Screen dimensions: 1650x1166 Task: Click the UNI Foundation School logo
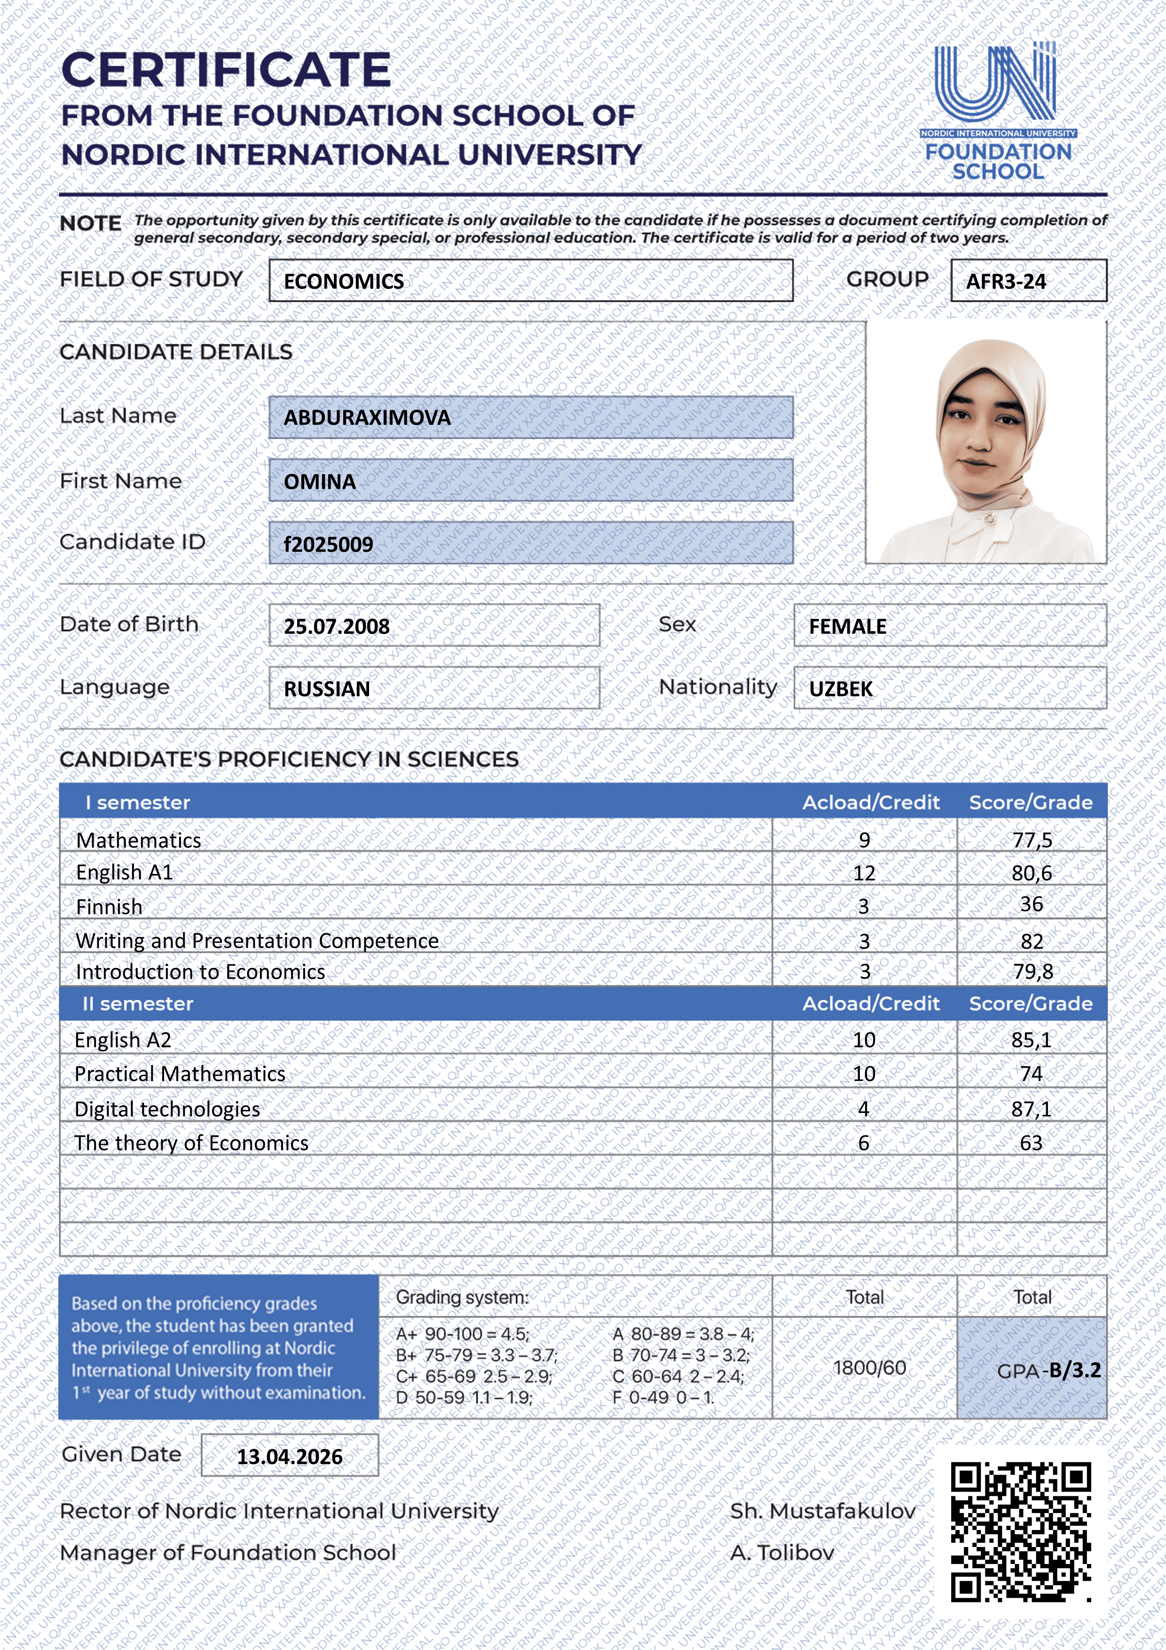click(997, 111)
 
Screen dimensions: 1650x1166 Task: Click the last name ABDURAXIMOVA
click(367, 418)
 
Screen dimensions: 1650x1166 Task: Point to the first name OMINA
click(320, 482)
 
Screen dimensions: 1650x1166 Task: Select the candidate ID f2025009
click(328, 544)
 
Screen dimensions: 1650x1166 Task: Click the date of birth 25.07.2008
click(336, 627)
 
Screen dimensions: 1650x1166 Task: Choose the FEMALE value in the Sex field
click(847, 627)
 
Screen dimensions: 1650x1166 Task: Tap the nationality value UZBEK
click(841, 689)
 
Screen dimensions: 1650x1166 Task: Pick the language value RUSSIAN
click(327, 689)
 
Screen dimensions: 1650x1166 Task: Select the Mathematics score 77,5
click(1032, 840)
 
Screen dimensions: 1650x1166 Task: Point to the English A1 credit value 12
click(864, 873)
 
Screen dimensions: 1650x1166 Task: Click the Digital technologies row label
click(167, 1110)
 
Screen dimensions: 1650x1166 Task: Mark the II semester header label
click(138, 1004)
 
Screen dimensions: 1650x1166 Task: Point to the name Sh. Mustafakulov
click(823, 1511)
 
